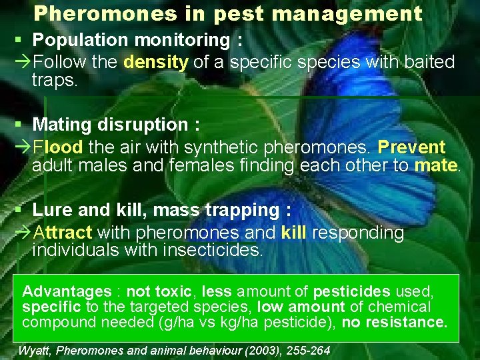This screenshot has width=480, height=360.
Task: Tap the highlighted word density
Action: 157,63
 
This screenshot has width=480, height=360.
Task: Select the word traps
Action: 55,81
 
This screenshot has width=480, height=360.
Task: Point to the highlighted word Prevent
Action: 411,147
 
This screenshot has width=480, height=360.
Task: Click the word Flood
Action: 58,147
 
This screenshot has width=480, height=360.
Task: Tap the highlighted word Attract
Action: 63,233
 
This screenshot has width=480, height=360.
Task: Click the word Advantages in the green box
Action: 67,292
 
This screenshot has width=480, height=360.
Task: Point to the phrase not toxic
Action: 159,292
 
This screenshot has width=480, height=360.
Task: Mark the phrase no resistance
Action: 394,323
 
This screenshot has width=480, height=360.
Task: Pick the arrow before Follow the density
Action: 22,63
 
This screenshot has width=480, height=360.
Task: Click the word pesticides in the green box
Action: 351,292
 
